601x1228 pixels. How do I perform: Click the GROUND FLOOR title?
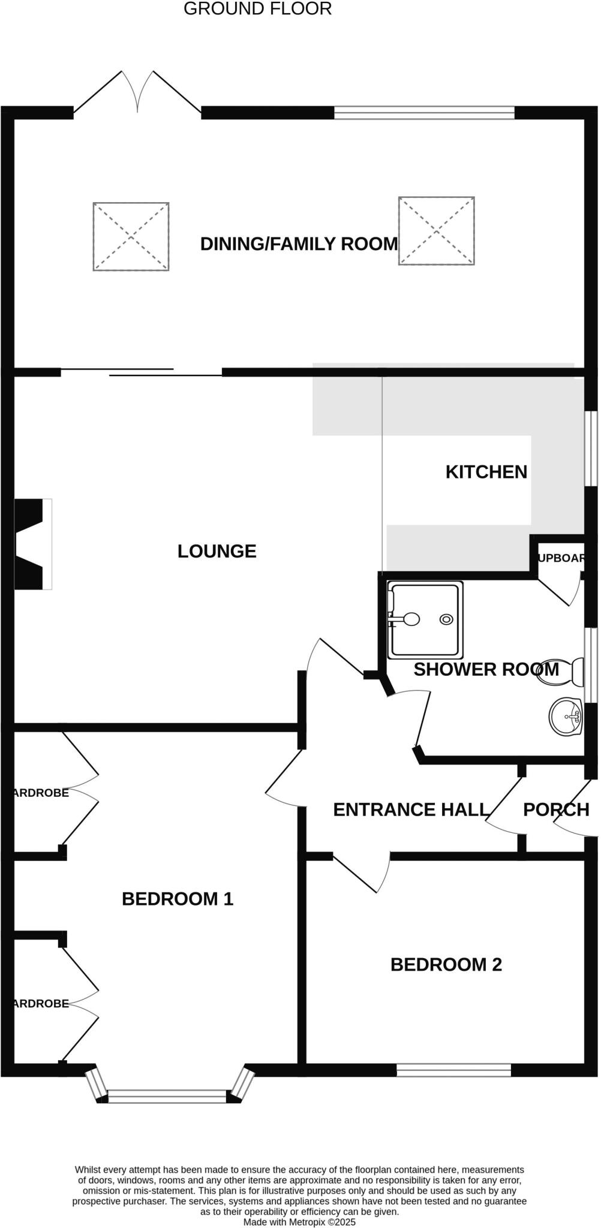[257, 9]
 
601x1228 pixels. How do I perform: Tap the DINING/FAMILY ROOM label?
[299, 244]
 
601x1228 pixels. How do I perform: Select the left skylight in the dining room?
[131, 236]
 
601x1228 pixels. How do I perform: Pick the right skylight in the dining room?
[436, 230]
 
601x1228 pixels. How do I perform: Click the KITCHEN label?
[486, 472]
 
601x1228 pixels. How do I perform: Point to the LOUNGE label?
[217, 551]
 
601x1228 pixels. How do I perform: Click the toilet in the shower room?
[562, 672]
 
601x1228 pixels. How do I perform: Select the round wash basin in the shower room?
[566, 716]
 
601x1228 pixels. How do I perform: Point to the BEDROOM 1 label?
[177, 899]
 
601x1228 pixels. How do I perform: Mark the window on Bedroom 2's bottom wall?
[453, 1070]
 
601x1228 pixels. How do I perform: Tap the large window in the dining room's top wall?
[424, 112]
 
